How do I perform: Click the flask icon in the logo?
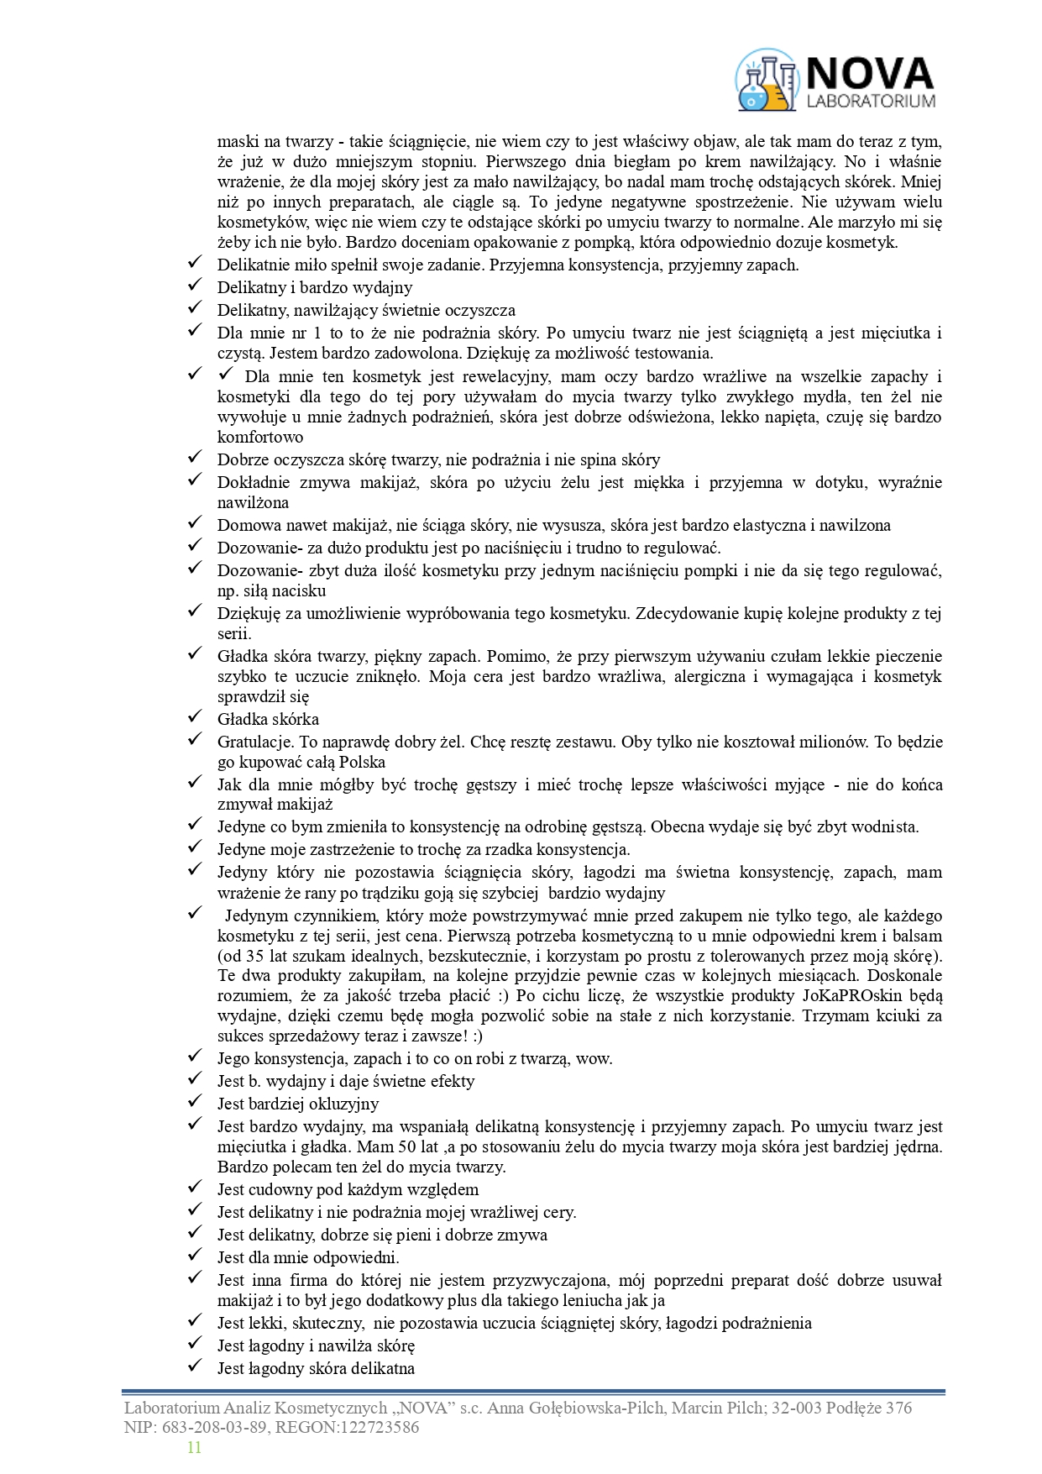[x=766, y=81]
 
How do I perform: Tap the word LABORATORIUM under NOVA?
[x=870, y=102]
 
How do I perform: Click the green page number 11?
[x=194, y=1447]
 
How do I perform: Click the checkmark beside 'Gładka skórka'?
[x=195, y=717]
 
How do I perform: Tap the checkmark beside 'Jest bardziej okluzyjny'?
[x=195, y=1102]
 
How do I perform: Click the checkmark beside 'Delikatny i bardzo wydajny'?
[x=195, y=286]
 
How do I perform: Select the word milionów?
[x=827, y=742]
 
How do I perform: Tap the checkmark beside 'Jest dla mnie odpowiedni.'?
[x=195, y=1256]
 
